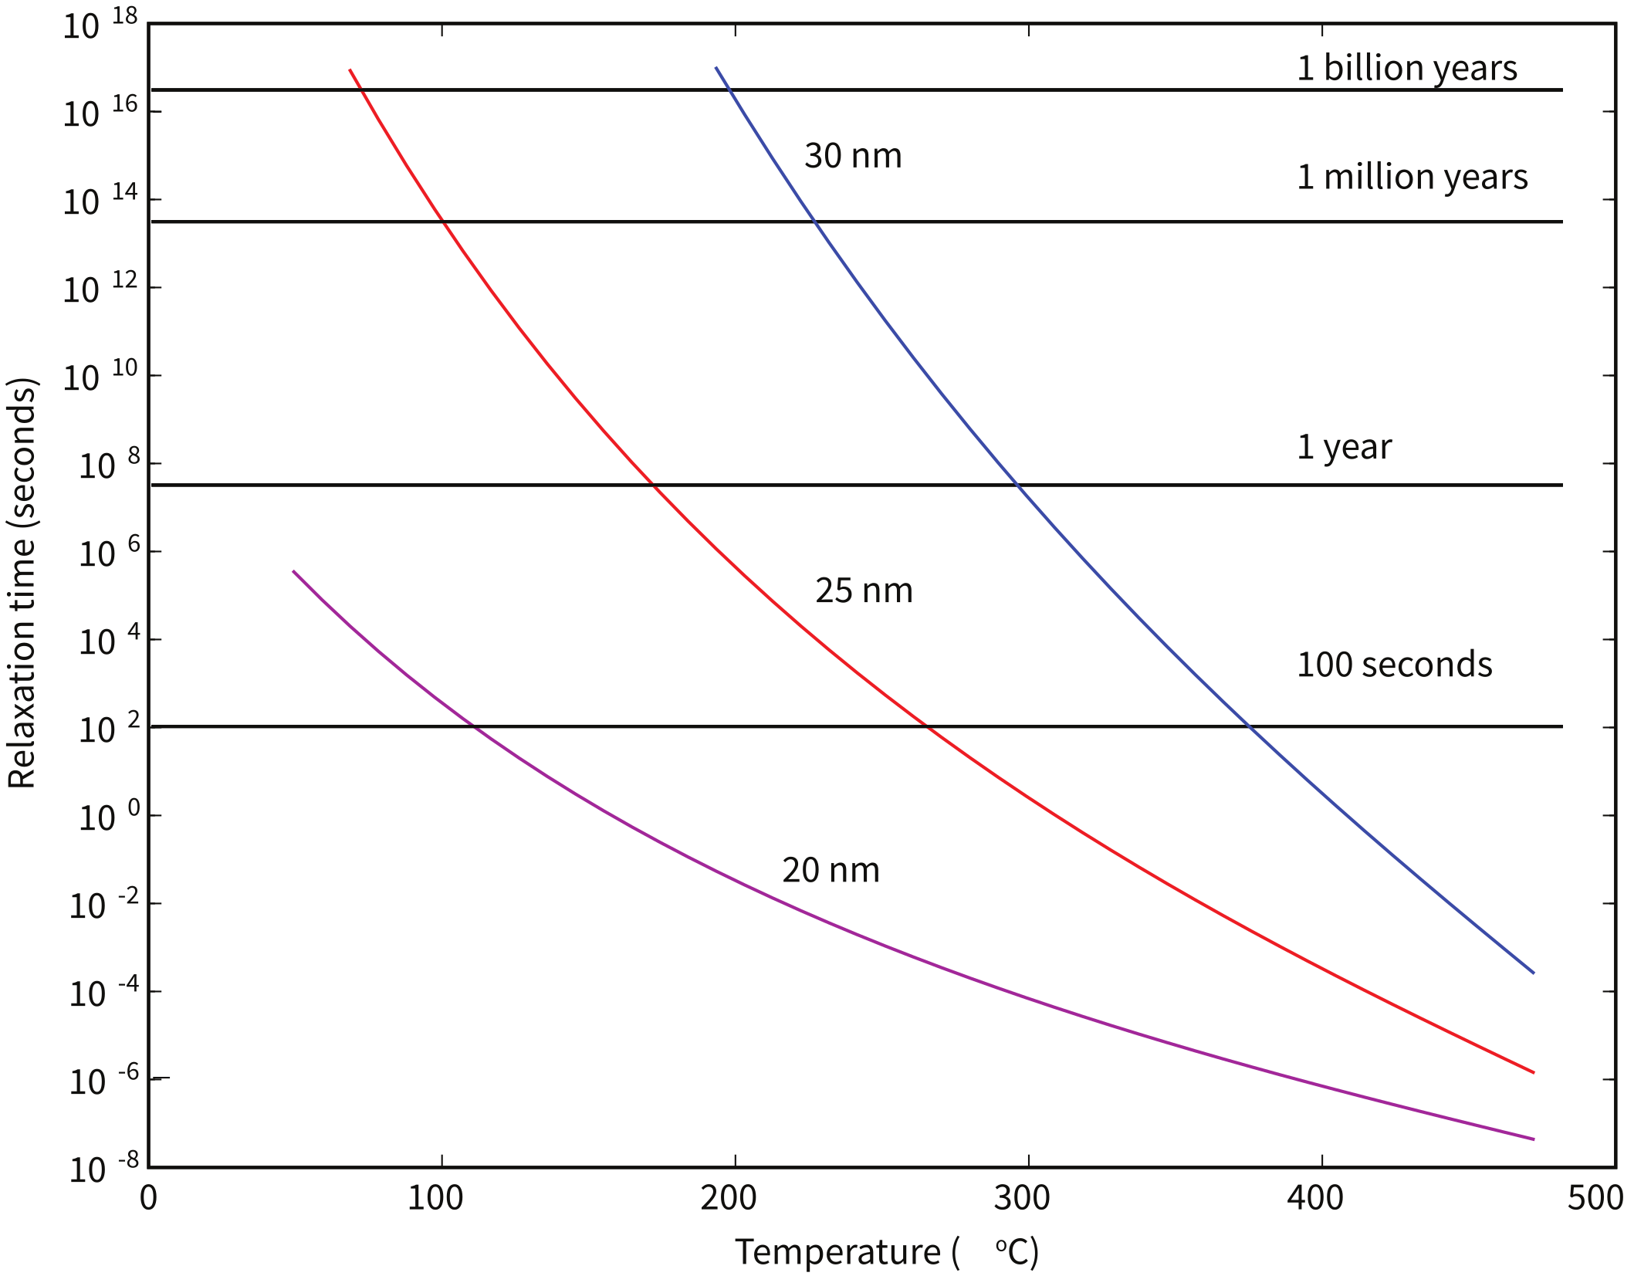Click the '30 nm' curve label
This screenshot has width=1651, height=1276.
852,156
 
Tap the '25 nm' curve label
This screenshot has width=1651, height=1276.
864,591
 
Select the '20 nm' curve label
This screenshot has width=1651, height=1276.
831,871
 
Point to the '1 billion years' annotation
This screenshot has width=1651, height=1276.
1406,68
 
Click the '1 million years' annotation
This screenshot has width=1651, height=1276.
1412,178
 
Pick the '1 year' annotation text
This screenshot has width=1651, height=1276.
1344,447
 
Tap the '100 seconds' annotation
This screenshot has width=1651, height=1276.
1394,665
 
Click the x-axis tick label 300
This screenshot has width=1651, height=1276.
1021,1198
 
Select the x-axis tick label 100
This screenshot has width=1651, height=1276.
435,1198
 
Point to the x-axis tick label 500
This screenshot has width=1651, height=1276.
1595,1198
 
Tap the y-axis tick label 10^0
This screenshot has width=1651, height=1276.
108,817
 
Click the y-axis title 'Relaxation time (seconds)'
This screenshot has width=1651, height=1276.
22,583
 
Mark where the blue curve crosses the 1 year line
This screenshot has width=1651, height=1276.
1018,485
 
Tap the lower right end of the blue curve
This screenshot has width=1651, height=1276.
1533,973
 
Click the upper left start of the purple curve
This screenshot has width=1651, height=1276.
294,572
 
